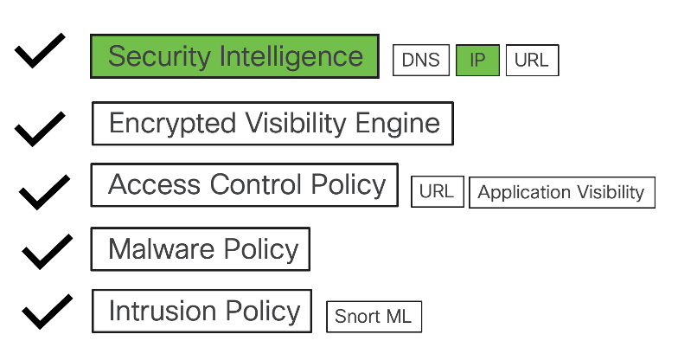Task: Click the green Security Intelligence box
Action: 235,56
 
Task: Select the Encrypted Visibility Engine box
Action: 273,123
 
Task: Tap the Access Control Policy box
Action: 244,185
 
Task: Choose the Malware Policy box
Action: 201,249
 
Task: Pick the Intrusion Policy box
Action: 202,312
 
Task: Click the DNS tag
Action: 420,61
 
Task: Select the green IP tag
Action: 477,61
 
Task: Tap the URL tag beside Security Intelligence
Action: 533,61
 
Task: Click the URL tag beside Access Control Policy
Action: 438,192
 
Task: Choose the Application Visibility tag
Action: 562,192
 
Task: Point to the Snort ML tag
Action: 374,317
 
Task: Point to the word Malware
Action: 161,249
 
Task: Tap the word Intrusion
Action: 163,311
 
